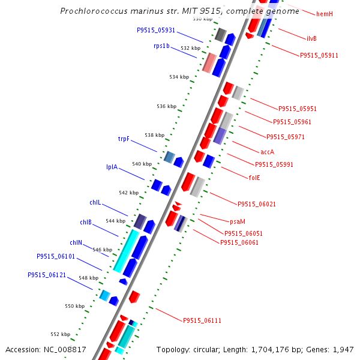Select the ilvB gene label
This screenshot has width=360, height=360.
pyautogui.click(x=311, y=38)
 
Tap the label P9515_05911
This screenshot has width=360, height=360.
pyautogui.click(x=319, y=55)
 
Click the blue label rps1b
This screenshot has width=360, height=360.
pyautogui.click(x=161, y=46)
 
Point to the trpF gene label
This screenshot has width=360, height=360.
pyautogui.click(x=124, y=139)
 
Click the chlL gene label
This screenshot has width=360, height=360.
pyautogui.click(x=95, y=202)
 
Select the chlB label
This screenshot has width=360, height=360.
pyautogui.click(x=86, y=222)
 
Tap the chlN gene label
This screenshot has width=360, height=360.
pyautogui.click(x=76, y=242)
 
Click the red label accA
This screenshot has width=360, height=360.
pyautogui.click(x=268, y=152)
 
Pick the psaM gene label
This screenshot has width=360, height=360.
pyautogui.click(x=238, y=221)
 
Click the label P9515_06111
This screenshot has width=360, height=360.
pyautogui.click(x=202, y=320)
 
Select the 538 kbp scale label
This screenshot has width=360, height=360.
pyautogui.click(x=154, y=135)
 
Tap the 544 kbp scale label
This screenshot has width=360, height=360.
pyautogui.click(x=115, y=221)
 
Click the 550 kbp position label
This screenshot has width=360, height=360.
pyautogui.click(x=75, y=306)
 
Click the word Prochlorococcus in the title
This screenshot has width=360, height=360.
pyautogui.click(x=91, y=11)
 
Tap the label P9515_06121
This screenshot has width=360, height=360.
pyautogui.click(x=47, y=275)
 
